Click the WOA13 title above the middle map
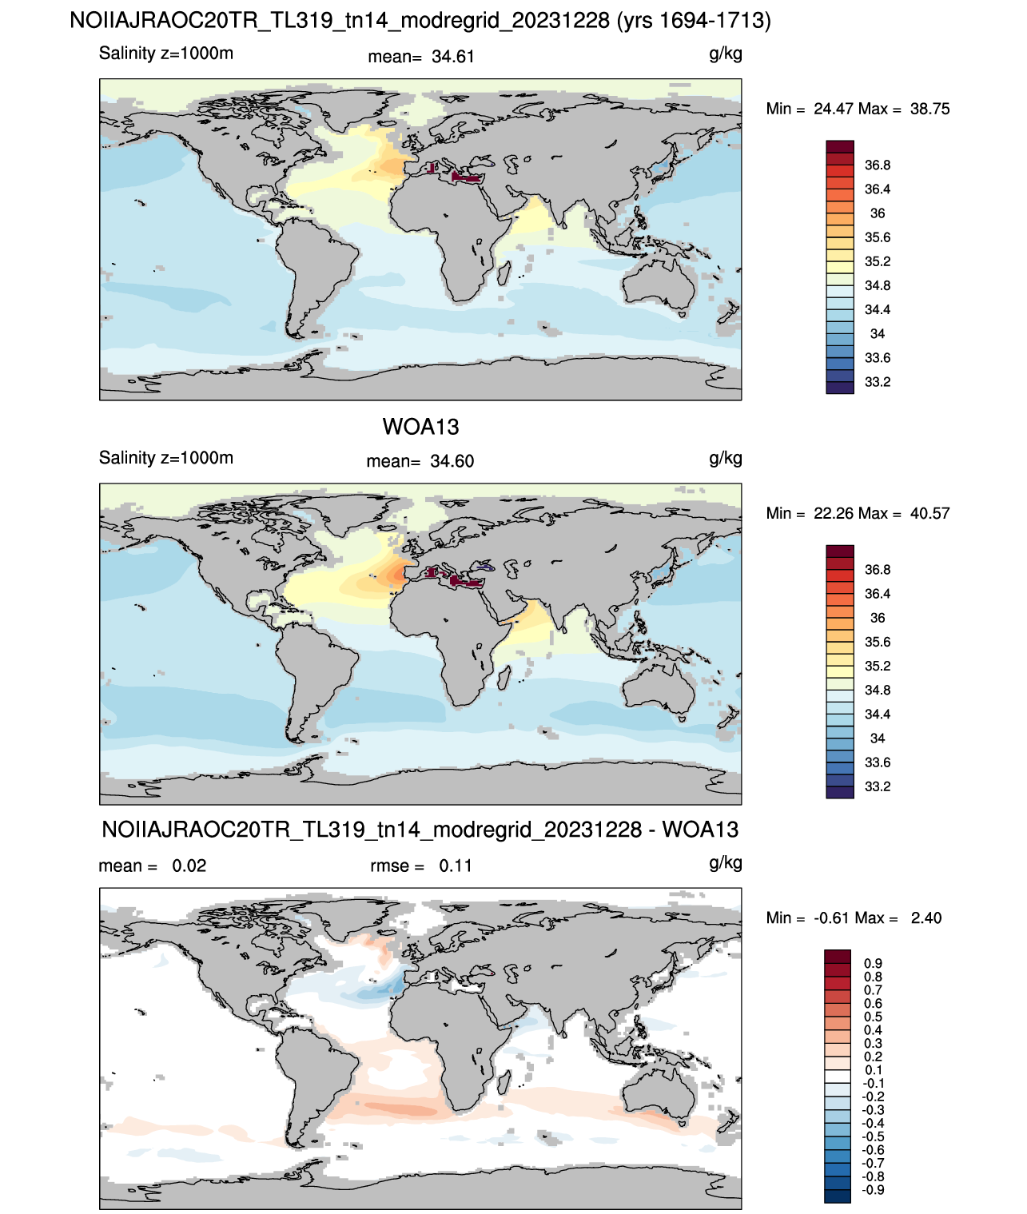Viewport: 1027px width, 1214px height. click(x=420, y=427)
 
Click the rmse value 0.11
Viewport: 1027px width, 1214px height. click(x=456, y=866)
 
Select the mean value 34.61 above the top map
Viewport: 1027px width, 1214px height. click(x=452, y=57)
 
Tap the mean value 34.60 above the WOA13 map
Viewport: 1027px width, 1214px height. click(x=452, y=461)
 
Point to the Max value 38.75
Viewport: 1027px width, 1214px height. click(x=930, y=109)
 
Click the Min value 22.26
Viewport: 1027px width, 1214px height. click(x=834, y=513)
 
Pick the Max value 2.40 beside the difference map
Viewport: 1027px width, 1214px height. click(x=926, y=918)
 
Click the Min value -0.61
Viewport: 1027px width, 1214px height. click(x=831, y=918)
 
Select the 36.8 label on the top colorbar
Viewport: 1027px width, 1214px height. click(x=878, y=165)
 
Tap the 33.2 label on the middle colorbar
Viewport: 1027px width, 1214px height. click(x=878, y=786)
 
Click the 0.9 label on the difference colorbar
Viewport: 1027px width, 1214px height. click(x=874, y=963)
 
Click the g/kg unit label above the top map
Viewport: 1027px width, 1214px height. click(x=726, y=54)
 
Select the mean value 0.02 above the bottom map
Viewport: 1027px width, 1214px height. click(x=189, y=866)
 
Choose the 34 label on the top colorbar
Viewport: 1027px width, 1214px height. click(x=878, y=333)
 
